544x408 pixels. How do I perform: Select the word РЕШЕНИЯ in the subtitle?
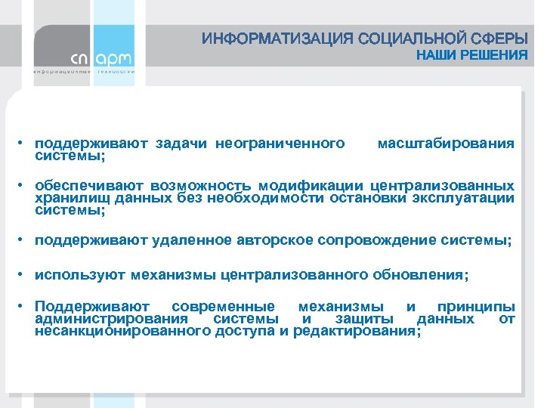click(496, 55)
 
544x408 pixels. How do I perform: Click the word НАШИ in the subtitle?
click(438, 55)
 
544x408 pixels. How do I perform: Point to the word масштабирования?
click(446, 143)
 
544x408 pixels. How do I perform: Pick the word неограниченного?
click(280, 143)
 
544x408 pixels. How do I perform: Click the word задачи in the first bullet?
click(182, 143)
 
